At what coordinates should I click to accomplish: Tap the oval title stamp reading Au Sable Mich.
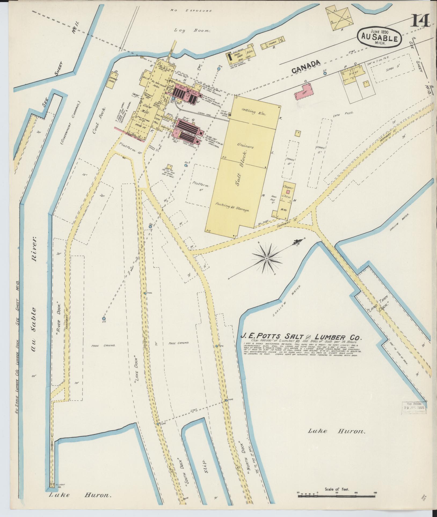point(379,37)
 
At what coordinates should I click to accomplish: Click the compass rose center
point(267,258)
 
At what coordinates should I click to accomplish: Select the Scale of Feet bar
point(337,496)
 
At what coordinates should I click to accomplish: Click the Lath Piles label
point(346,113)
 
